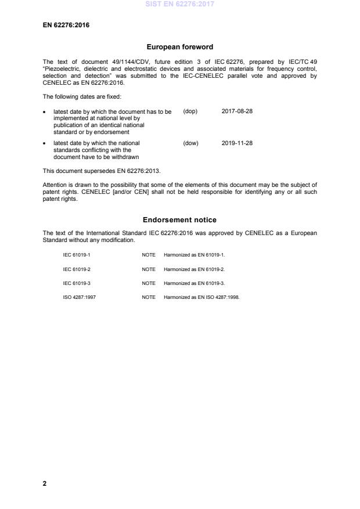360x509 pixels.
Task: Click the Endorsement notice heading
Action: [179, 220]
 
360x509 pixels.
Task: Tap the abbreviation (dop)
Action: [190, 111]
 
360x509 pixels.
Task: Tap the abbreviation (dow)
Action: [190, 143]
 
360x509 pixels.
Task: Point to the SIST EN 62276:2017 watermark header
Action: [179, 4]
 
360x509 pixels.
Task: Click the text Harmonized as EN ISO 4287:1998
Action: [201, 297]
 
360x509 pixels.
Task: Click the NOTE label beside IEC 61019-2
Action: [149, 269]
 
